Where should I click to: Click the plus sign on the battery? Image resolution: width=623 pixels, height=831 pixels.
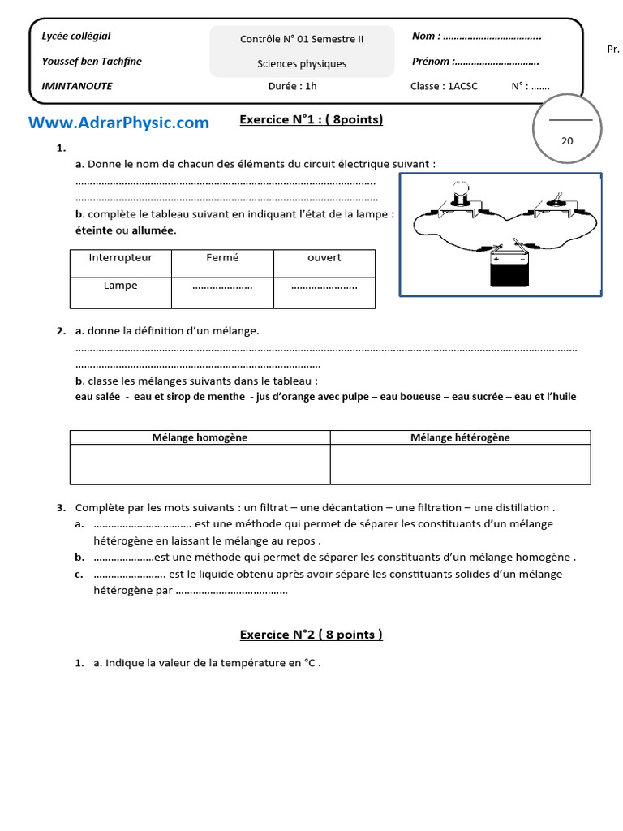pyautogui.click(x=496, y=260)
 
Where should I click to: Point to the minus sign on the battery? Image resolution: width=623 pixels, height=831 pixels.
pyautogui.click(x=522, y=260)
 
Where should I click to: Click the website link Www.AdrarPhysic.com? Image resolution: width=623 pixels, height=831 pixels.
pyautogui.click(x=118, y=123)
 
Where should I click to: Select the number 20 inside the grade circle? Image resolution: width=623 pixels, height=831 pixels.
pyautogui.click(x=567, y=140)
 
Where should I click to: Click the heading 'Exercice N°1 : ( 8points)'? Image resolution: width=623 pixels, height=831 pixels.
pyautogui.click(x=311, y=120)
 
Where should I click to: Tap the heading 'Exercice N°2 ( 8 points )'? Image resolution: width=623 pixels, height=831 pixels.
pyautogui.click(x=311, y=635)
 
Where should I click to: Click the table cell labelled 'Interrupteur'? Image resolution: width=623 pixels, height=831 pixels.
pyautogui.click(x=120, y=258)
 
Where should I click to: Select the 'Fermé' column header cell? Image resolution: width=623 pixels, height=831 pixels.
pyautogui.click(x=222, y=258)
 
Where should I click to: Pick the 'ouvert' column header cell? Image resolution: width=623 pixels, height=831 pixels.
pyautogui.click(x=324, y=258)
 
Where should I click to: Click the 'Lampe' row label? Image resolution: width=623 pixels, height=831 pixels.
pyautogui.click(x=120, y=286)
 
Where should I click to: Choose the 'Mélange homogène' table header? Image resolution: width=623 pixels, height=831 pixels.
pyautogui.click(x=200, y=437)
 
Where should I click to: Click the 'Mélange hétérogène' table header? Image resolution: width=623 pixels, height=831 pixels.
pyautogui.click(x=460, y=437)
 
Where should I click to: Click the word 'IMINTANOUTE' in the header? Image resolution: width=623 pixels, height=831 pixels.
pyautogui.click(x=77, y=86)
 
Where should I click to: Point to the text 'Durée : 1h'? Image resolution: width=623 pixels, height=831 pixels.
pyautogui.click(x=292, y=86)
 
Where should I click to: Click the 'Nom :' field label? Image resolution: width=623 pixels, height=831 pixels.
pyautogui.click(x=426, y=36)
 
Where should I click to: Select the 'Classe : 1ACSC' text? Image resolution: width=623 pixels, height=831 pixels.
pyautogui.click(x=444, y=86)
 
